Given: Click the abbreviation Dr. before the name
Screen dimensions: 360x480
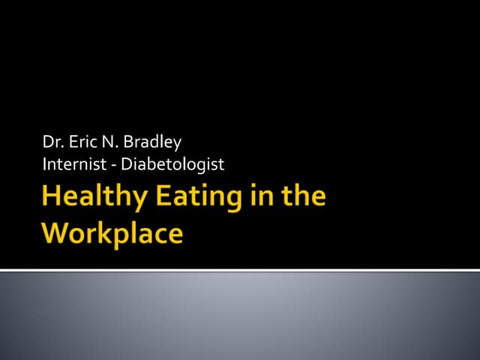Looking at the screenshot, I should click(52, 142).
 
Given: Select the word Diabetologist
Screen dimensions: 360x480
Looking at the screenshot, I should click(172, 163).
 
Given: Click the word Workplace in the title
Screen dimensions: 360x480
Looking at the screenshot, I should click(112, 232).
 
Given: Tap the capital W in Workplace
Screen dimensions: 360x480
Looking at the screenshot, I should click(58, 232).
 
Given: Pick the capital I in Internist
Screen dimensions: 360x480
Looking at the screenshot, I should click(45, 163).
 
